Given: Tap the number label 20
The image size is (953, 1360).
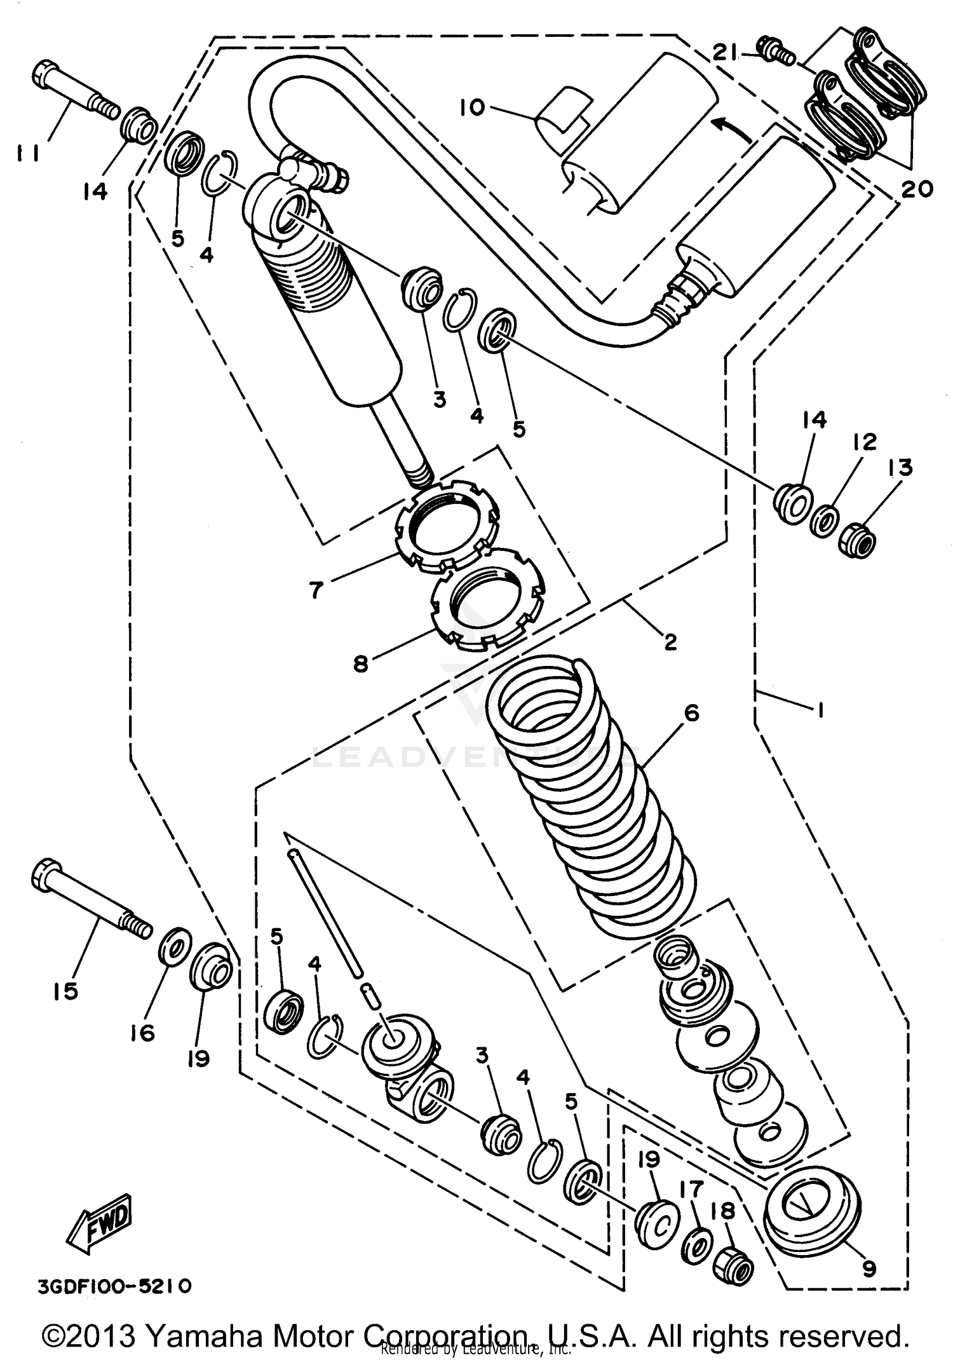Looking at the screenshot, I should coord(916,189).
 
